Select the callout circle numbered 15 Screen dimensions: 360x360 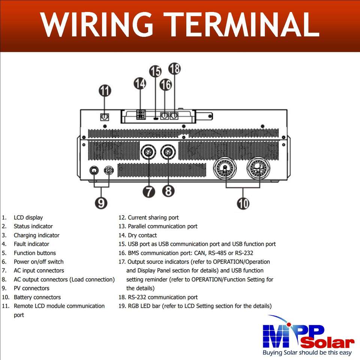[x=155, y=71]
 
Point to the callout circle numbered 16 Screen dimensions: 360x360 [x=165, y=85]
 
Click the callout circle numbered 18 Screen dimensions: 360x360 [x=174, y=69]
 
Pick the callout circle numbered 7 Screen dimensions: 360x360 [x=149, y=191]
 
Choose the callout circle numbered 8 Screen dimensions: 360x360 [x=168, y=191]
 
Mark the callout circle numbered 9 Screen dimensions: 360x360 [x=101, y=202]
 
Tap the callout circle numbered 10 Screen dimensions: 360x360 [x=243, y=203]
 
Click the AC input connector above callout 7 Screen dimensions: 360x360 [x=147, y=153]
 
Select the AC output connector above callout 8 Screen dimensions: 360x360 [x=167, y=153]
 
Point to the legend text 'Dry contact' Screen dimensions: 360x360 [x=142, y=235]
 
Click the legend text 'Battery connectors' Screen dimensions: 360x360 [x=37, y=297]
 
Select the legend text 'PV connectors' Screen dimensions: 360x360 [x=31, y=288]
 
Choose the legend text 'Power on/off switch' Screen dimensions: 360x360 [x=39, y=262]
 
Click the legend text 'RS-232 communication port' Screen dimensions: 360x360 [x=162, y=297]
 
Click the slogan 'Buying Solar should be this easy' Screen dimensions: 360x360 [x=307, y=353]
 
